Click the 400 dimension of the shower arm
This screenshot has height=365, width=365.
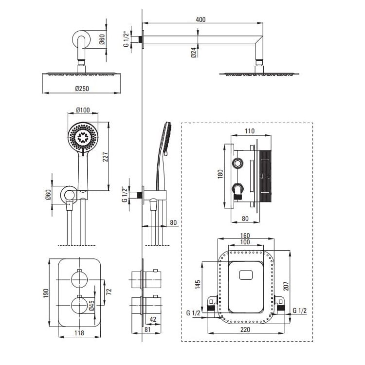[x=201, y=19]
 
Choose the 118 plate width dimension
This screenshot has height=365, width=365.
[x=79, y=333]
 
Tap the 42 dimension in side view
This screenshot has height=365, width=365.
[x=153, y=319]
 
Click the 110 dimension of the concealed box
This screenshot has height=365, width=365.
[x=250, y=131]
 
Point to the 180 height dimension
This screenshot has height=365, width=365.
[x=220, y=173]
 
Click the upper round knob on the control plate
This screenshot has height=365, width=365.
[x=79, y=279]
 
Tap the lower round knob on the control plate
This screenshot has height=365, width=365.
[x=79, y=306]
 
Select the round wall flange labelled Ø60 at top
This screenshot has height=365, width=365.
[x=81, y=40]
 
